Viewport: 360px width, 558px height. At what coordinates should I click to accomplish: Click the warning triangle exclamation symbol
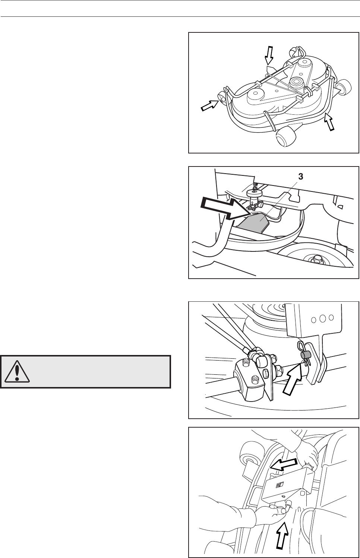tap(17, 371)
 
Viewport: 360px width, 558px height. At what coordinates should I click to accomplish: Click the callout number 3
tap(301, 177)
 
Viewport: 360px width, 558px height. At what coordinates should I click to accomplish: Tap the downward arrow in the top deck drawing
tap(269, 55)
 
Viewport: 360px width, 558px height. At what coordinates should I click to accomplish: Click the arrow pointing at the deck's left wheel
tap(209, 105)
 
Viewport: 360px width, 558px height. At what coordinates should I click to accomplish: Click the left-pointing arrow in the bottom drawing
tap(284, 465)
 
